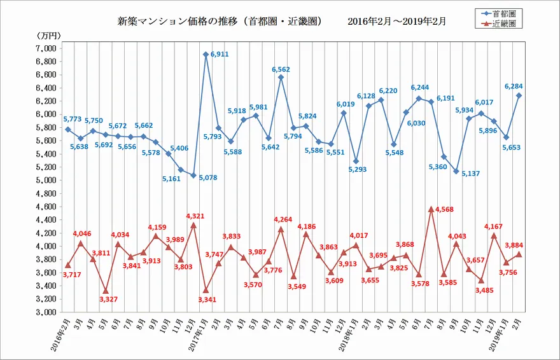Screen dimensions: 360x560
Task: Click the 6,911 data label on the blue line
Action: pos(220,55)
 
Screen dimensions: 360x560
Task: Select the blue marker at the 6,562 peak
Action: pos(281,78)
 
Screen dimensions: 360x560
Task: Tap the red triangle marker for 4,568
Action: pos(431,209)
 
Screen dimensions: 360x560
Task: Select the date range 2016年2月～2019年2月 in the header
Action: pos(397,21)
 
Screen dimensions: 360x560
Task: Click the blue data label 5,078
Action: pos(208,177)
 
